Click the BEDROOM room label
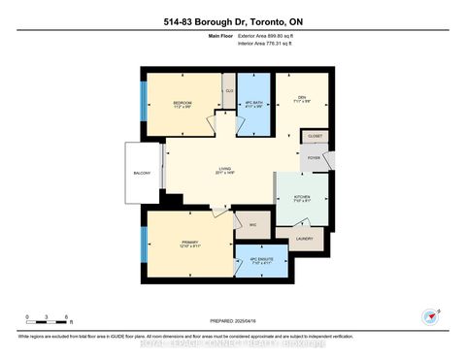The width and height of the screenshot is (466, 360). [x=183, y=102]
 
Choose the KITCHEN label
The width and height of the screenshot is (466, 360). [x=302, y=195]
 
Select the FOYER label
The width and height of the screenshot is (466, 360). [x=315, y=156]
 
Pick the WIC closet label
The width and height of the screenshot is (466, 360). [x=251, y=224]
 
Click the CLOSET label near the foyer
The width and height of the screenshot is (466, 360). [x=316, y=137]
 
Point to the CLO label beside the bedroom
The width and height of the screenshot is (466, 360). [x=230, y=91]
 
